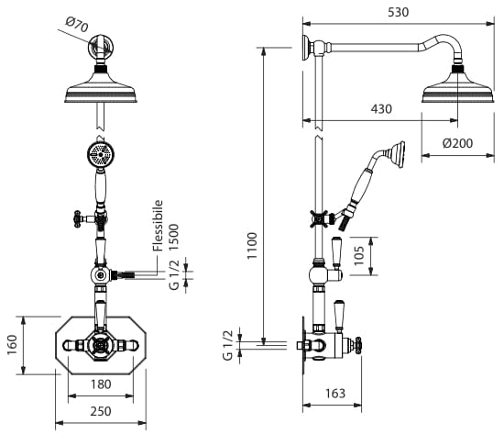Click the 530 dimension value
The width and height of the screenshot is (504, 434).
(399, 12)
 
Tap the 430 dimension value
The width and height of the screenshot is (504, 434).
(381, 109)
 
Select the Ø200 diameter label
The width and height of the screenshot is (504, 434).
(457, 143)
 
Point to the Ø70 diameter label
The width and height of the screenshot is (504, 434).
(77, 25)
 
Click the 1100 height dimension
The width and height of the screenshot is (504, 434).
(252, 246)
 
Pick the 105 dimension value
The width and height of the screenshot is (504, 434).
(359, 256)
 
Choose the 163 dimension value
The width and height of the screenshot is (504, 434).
(335, 393)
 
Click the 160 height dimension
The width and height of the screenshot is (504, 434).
(12, 345)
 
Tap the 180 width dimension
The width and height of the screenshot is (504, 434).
(101, 384)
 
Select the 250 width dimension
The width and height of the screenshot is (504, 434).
(101, 411)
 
